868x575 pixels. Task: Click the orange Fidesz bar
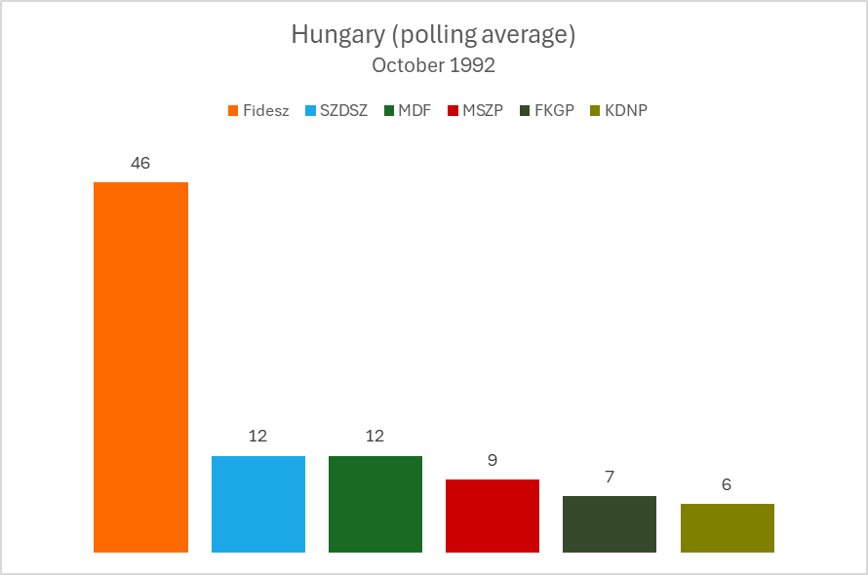[x=140, y=367]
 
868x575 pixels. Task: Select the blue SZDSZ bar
[x=258, y=504]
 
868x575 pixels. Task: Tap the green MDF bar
[x=375, y=504]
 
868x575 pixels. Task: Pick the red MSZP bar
[x=493, y=516]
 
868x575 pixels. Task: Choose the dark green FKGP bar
[x=610, y=524]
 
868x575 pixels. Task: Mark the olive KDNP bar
[x=728, y=528]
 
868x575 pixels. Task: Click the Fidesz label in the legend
[x=265, y=110]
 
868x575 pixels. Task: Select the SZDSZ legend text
[x=343, y=110]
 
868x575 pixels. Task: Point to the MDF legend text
[x=414, y=110]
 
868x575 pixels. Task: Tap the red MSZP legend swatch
[x=453, y=110]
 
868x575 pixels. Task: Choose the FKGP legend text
[x=555, y=110]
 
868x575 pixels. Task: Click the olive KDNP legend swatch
[x=594, y=110]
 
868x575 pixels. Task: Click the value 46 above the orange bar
[x=140, y=163]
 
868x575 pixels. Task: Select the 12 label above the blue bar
[x=258, y=437]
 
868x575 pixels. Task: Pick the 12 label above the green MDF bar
[x=375, y=437]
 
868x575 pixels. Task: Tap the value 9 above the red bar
[x=493, y=460]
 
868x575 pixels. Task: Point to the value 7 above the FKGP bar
[x=610, y=477]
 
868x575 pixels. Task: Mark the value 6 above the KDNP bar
[x=728, y=484]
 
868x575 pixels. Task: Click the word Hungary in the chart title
[x=331, y=36]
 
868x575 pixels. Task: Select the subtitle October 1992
[x=433, y=65]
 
